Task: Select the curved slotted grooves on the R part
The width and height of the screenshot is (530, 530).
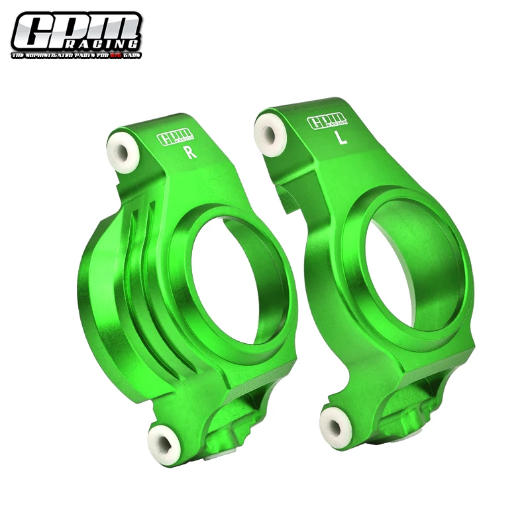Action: click(x=142, y=265)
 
